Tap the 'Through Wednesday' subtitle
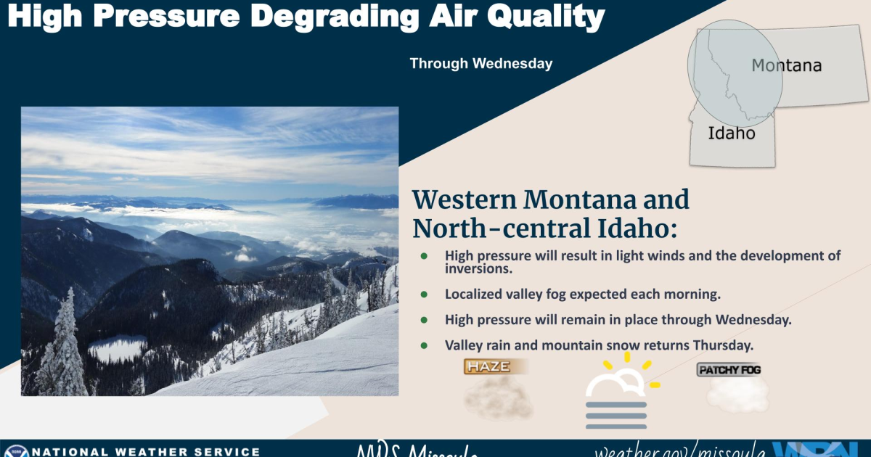coord(481,64)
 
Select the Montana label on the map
coord(786,66)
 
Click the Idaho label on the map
coord(731,133)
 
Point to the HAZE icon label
coord(488,367)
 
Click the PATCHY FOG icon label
coord(729,371)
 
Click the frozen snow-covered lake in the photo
coord(117,348)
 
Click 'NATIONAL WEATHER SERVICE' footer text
coord(146,451)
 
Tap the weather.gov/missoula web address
coord(679,451)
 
